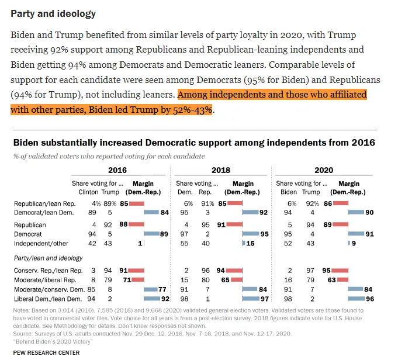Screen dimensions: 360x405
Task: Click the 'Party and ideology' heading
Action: click(53, 13)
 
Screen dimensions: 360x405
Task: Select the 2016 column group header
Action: click(117, 170)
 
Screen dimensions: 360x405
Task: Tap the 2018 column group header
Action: click(220, 170)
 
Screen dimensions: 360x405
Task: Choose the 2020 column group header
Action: click(324, 170)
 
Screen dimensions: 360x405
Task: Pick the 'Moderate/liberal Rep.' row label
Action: click(45, 280)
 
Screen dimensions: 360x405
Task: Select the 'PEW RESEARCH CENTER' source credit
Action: click(45, 353)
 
